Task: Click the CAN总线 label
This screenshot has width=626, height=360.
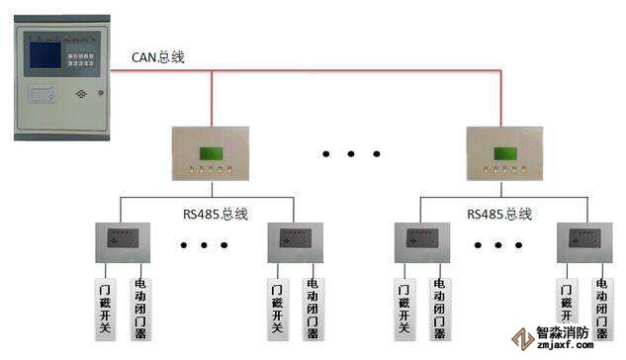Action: tap(157, 57)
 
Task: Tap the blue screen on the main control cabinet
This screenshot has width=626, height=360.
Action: tap(45, 55)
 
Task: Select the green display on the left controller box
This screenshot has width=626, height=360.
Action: tap(212, 153)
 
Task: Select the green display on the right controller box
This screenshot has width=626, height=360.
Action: tap(505, 153)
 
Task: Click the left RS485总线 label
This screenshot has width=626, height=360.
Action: tap(216, 215)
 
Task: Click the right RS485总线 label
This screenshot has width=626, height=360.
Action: tap(499, 215)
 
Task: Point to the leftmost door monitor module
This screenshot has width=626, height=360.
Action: tap(123, 242)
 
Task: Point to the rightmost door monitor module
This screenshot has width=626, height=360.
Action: tap(584, 242)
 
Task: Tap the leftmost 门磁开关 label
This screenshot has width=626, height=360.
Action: tap(105, 310)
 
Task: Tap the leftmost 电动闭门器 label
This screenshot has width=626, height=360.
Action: tap(140, 310)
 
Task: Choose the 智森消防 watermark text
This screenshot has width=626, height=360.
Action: tap(562, 333)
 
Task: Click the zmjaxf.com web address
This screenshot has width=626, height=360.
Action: tap(565, 345)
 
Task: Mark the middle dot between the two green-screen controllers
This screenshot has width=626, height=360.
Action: tap(351, 154)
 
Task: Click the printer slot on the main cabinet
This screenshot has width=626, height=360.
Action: tap(42, 95)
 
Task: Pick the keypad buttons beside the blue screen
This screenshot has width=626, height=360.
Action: tap(81, 59)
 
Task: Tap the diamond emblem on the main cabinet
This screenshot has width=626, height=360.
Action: tap(81, 94)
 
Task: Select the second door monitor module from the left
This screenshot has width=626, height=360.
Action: tap(296, 242)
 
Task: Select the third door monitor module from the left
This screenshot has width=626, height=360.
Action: tap(422, 242)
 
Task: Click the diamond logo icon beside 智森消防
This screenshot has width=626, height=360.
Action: tap(522, 339)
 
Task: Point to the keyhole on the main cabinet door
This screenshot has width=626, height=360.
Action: tap(101, 93)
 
